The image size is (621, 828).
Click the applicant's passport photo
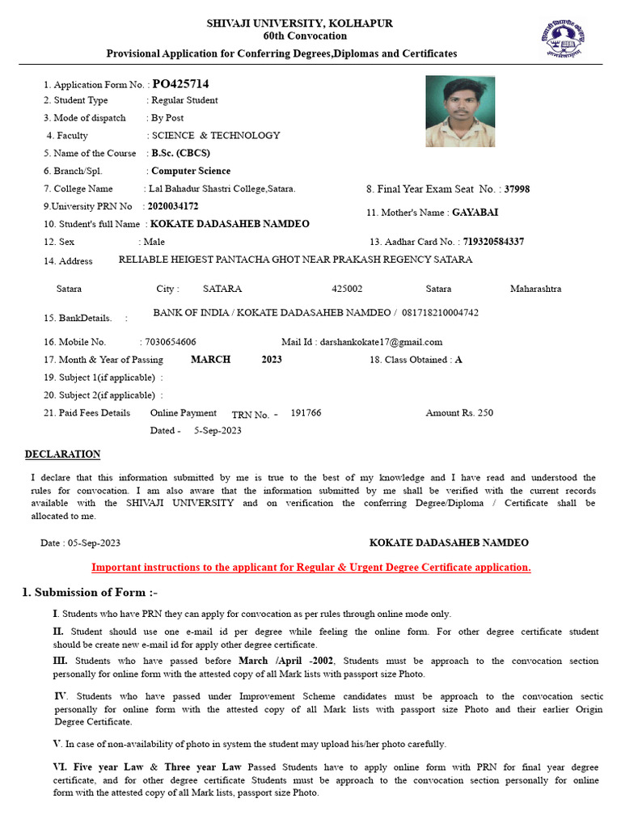[x=460, y=111]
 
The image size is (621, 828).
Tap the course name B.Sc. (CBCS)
[x=180, y=153]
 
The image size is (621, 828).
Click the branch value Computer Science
[x=191, y=171]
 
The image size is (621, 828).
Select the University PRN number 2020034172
[x=173, y=206]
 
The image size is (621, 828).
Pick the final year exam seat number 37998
[x=517, y=189]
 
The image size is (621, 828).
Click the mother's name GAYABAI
[x=475, y=213]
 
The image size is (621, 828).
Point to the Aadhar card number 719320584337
[x=493, y=242]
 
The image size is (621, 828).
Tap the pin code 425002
[x=347, y=289]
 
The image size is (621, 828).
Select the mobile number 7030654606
[x=170, y=342]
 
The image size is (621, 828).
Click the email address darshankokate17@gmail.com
[x=382, y=342]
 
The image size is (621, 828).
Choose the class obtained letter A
[x=458, y=360]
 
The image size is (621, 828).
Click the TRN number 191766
[x=306, y=413]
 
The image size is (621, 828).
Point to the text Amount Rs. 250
[x=459, y=413]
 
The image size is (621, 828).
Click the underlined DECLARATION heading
[x=62, y=454]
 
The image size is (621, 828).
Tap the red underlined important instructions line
[x=310, y=568]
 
